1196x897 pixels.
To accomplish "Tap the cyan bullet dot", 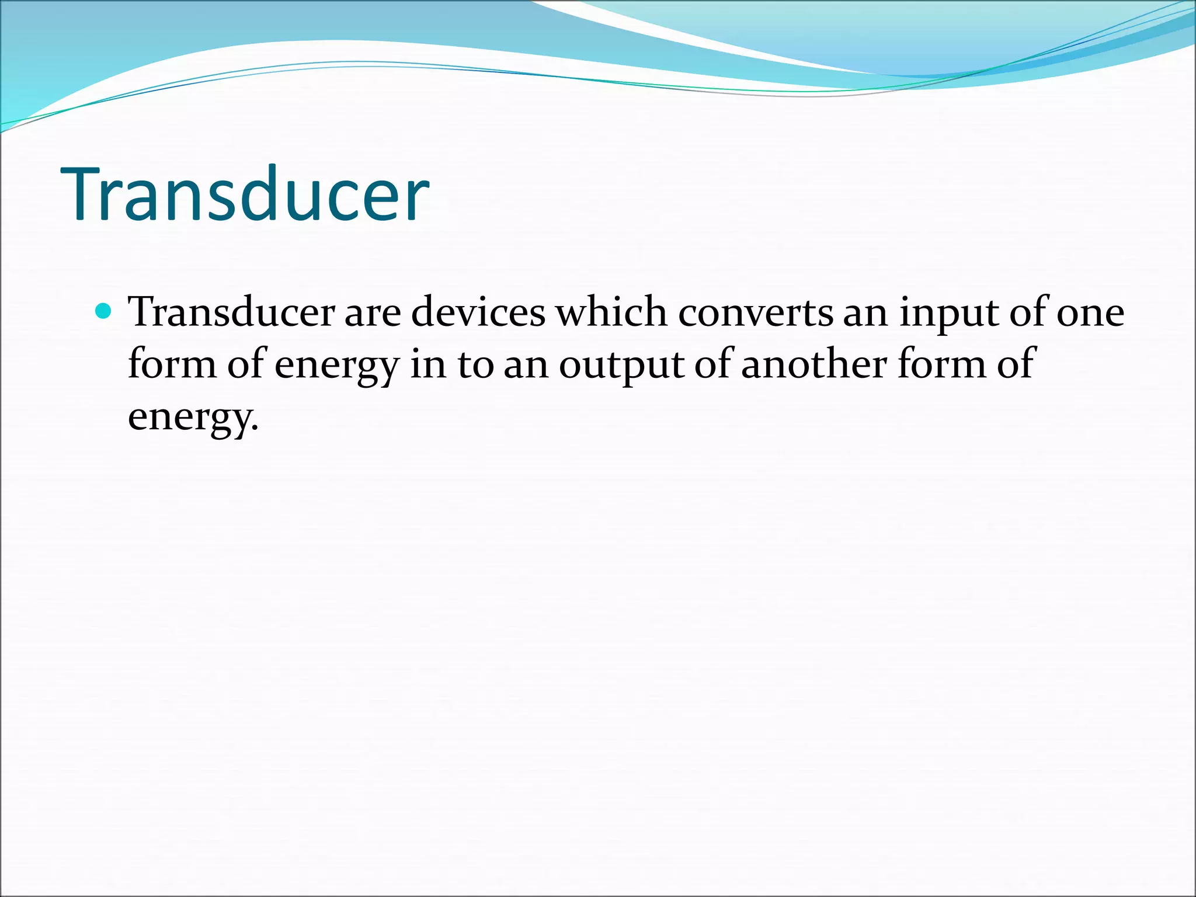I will click(x=103, y=311).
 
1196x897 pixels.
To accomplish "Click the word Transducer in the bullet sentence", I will click(x=231, y=312).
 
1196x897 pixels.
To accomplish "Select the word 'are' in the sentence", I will click(x=373, y=313).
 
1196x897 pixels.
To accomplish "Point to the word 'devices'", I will click(x=478, y=312).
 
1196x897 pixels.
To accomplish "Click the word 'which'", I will click(x=611, y=312).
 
